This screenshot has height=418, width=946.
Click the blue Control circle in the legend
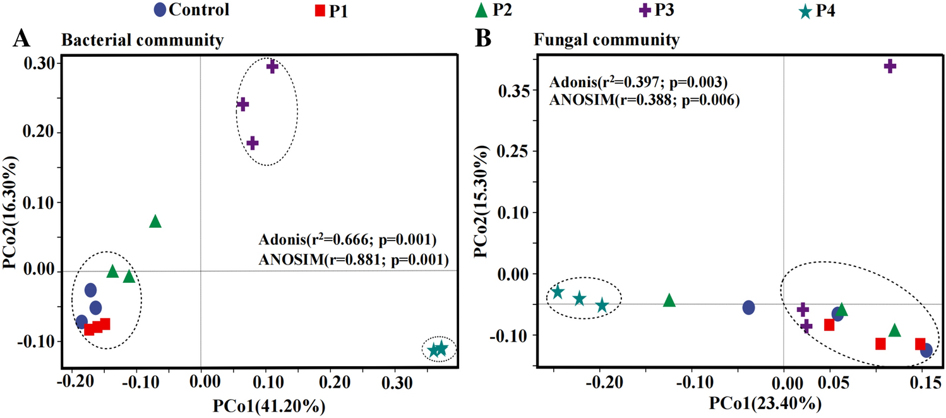161,10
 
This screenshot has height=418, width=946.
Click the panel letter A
23,39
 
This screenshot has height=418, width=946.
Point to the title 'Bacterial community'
142,41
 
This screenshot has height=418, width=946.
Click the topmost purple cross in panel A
272,66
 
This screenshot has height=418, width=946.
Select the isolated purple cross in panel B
890,66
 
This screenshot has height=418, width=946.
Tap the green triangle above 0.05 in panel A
155,221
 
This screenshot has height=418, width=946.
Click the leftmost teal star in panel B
558,292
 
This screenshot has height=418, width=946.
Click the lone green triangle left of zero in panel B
669,301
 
